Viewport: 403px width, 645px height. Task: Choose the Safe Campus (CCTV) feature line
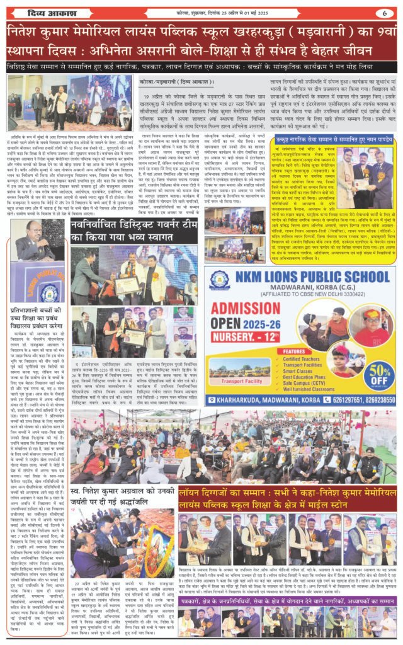pos(306,382)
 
